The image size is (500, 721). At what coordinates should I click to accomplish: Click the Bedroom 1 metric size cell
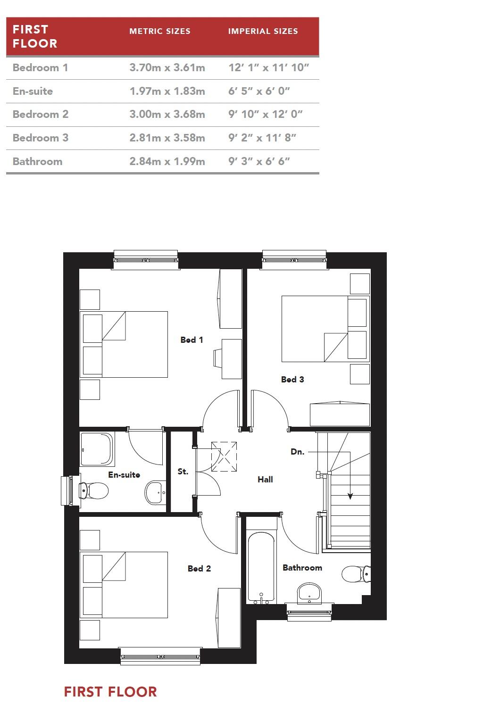point(167,67)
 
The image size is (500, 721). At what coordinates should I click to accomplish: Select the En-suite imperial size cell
point(259,91)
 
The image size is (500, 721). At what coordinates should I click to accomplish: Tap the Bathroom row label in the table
point(37,161)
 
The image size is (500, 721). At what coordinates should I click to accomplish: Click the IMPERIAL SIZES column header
point(263,32)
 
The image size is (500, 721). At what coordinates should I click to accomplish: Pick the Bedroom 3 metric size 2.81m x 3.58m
point(167,138)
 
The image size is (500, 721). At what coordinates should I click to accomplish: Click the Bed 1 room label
point(192,340)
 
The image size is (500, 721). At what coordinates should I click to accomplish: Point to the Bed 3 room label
point(292,379)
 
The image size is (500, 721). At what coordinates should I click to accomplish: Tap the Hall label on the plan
point(265,480)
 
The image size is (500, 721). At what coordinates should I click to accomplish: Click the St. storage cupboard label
point(183,472)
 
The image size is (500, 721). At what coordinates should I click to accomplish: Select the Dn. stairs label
point(297,452)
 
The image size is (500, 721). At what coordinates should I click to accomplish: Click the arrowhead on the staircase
point(350,496)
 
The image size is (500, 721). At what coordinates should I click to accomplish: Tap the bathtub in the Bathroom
point(261,568)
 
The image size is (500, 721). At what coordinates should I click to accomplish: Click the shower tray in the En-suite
point(97,448)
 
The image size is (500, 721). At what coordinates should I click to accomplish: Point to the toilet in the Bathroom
point(355,574)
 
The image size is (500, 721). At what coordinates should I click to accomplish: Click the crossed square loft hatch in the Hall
point(224,456)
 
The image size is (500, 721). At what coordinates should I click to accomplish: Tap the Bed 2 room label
point(199,569)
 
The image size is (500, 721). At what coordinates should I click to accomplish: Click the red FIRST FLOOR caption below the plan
point(110,692)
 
